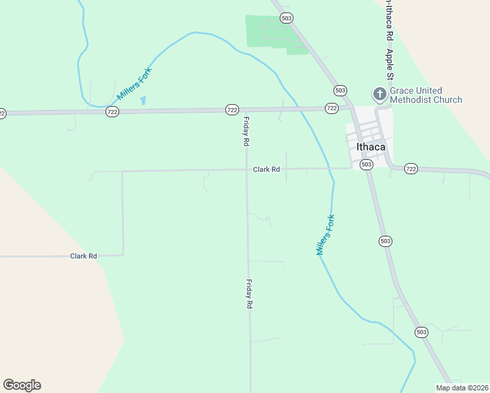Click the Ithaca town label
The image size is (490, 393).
pos(371,147)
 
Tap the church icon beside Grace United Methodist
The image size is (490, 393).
pos(379,95)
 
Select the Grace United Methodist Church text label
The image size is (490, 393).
pos(426,95)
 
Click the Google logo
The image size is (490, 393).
pos(22,385)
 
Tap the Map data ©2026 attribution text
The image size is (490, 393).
pos(462,388)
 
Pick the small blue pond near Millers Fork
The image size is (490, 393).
pos(143,101)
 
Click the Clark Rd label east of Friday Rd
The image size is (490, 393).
pos(267,170)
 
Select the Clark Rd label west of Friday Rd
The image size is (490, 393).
pos(83,256)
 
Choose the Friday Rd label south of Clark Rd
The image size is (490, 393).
pos(249,294)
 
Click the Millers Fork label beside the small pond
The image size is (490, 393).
pos(134,84)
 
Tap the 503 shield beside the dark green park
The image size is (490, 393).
pos(286,18)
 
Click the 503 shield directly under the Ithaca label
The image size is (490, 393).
pos(367,164)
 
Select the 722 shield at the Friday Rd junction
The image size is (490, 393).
pos(232,110)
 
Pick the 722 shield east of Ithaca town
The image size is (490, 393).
pos(411,168)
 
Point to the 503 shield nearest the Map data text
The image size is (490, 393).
pos(421,332)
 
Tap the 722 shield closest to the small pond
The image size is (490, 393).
pos(112,113)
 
